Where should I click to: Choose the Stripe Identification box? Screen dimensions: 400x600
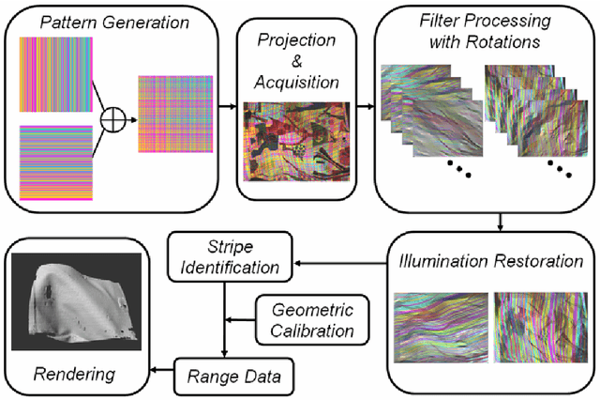[x=231, y=257]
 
